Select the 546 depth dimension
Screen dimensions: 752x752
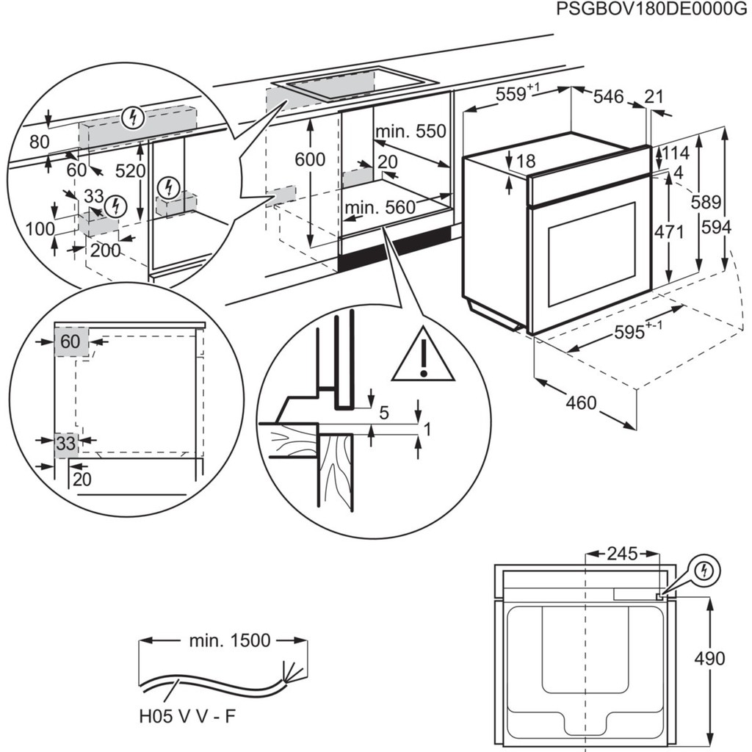pos(608,96)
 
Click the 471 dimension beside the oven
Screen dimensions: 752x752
pos(669,232)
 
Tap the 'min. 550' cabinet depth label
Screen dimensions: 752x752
pos(411,131)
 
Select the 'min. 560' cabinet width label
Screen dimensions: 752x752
pos(380,208)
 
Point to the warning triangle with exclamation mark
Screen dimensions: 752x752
pos(423,358)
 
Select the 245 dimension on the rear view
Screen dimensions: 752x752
pos(622,553)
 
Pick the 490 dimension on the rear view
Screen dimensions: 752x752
pos(709,658)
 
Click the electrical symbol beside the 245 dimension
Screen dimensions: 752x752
pos(705,570)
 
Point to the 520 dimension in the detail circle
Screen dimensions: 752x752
pos(131,170)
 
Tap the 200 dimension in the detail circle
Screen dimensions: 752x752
pos(106,250)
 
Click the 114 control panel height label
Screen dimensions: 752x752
pos(676,153)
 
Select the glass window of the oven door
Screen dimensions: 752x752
pos(591,253)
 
